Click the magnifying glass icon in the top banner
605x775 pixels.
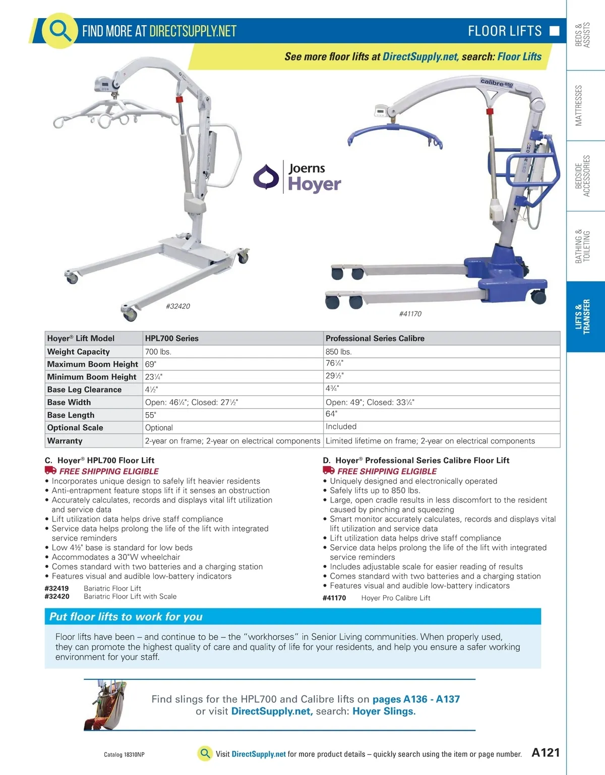click(x=59, y=30)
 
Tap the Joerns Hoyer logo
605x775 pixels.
click(x=297, y=177)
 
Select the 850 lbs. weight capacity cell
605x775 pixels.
click(x=441, y=352)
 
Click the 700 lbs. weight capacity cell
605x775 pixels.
click(x=232, y=352)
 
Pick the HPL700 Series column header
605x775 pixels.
click(x=232, y=338)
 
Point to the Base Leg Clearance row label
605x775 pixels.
click(x=84, y=390)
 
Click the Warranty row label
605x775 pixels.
click(x=65, y=441)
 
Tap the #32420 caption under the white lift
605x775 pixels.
click(x=178, y=306)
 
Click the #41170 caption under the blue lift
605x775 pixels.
click(x=410, y=314)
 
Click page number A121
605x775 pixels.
click(x=546, y=752)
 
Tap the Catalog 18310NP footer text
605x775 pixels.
click(x=124, y=755)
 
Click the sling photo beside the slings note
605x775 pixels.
click(x=105, y=705)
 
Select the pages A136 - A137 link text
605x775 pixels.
click(x=416, y=699)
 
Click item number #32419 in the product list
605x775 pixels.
click(x=56, y=588)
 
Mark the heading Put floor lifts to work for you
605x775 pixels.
click(x=126, y=617)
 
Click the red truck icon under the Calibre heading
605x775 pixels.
click(x=329, y=470)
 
